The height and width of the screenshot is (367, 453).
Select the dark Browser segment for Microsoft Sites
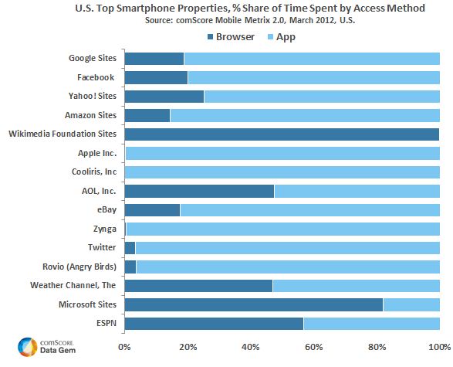[x=253, y=304]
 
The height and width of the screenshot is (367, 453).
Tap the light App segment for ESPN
[x=371, y=323]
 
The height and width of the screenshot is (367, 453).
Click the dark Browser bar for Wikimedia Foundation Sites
[x=282, y=134]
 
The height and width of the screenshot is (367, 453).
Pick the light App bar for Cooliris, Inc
[x=282, y=172]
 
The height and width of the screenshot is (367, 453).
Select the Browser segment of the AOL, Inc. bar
[x=199, y=191]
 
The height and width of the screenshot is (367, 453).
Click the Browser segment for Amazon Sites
[x=147, y=115]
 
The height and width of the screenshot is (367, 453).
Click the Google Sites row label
[x=92, y=59]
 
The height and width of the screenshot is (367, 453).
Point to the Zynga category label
[x=103, y=229]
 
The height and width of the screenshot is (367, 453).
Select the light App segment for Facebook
[x=313, y=77]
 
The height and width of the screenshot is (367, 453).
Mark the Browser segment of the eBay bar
[x=152, y=210]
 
